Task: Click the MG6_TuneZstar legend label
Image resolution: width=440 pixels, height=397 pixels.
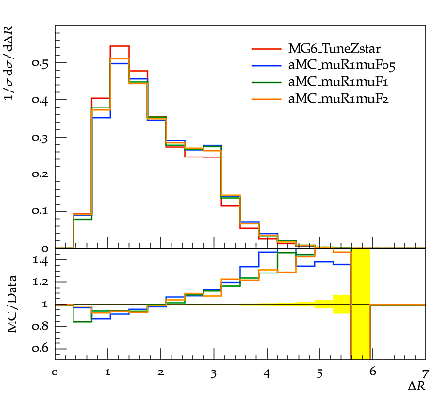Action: [334, 49]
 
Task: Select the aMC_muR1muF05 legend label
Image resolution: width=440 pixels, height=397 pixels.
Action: [342, 65]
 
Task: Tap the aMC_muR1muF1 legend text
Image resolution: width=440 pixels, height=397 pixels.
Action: [338, 82]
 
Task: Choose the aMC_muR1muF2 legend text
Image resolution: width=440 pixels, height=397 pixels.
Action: [338, 99]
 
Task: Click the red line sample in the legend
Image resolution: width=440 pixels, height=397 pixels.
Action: [266, 49]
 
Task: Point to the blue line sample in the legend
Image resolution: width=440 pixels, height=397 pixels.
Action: [266, 65]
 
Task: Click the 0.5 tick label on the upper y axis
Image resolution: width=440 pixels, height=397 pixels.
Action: [40, 63]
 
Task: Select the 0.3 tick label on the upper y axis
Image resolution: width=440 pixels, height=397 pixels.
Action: [40, 138]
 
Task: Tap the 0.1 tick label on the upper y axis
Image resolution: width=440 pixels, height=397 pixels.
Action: [40, 211]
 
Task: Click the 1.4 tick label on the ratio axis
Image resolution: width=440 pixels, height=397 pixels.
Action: [41, 260]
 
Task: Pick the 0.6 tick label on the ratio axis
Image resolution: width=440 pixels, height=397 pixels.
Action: [41, 348]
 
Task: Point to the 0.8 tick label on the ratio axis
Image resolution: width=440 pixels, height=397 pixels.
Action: [41, 326]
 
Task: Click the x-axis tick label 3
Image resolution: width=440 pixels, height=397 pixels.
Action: [214, 373]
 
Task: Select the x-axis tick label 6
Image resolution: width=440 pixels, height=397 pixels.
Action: [372, 372]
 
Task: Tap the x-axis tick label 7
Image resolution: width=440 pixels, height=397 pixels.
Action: [425, 373]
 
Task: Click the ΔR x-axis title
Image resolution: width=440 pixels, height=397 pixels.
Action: [416, 387]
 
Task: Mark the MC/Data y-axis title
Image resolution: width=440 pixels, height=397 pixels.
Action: [12, 305]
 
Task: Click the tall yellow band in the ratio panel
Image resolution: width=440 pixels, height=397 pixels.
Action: [361, 304]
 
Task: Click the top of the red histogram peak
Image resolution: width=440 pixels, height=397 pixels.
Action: [120, 46]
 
